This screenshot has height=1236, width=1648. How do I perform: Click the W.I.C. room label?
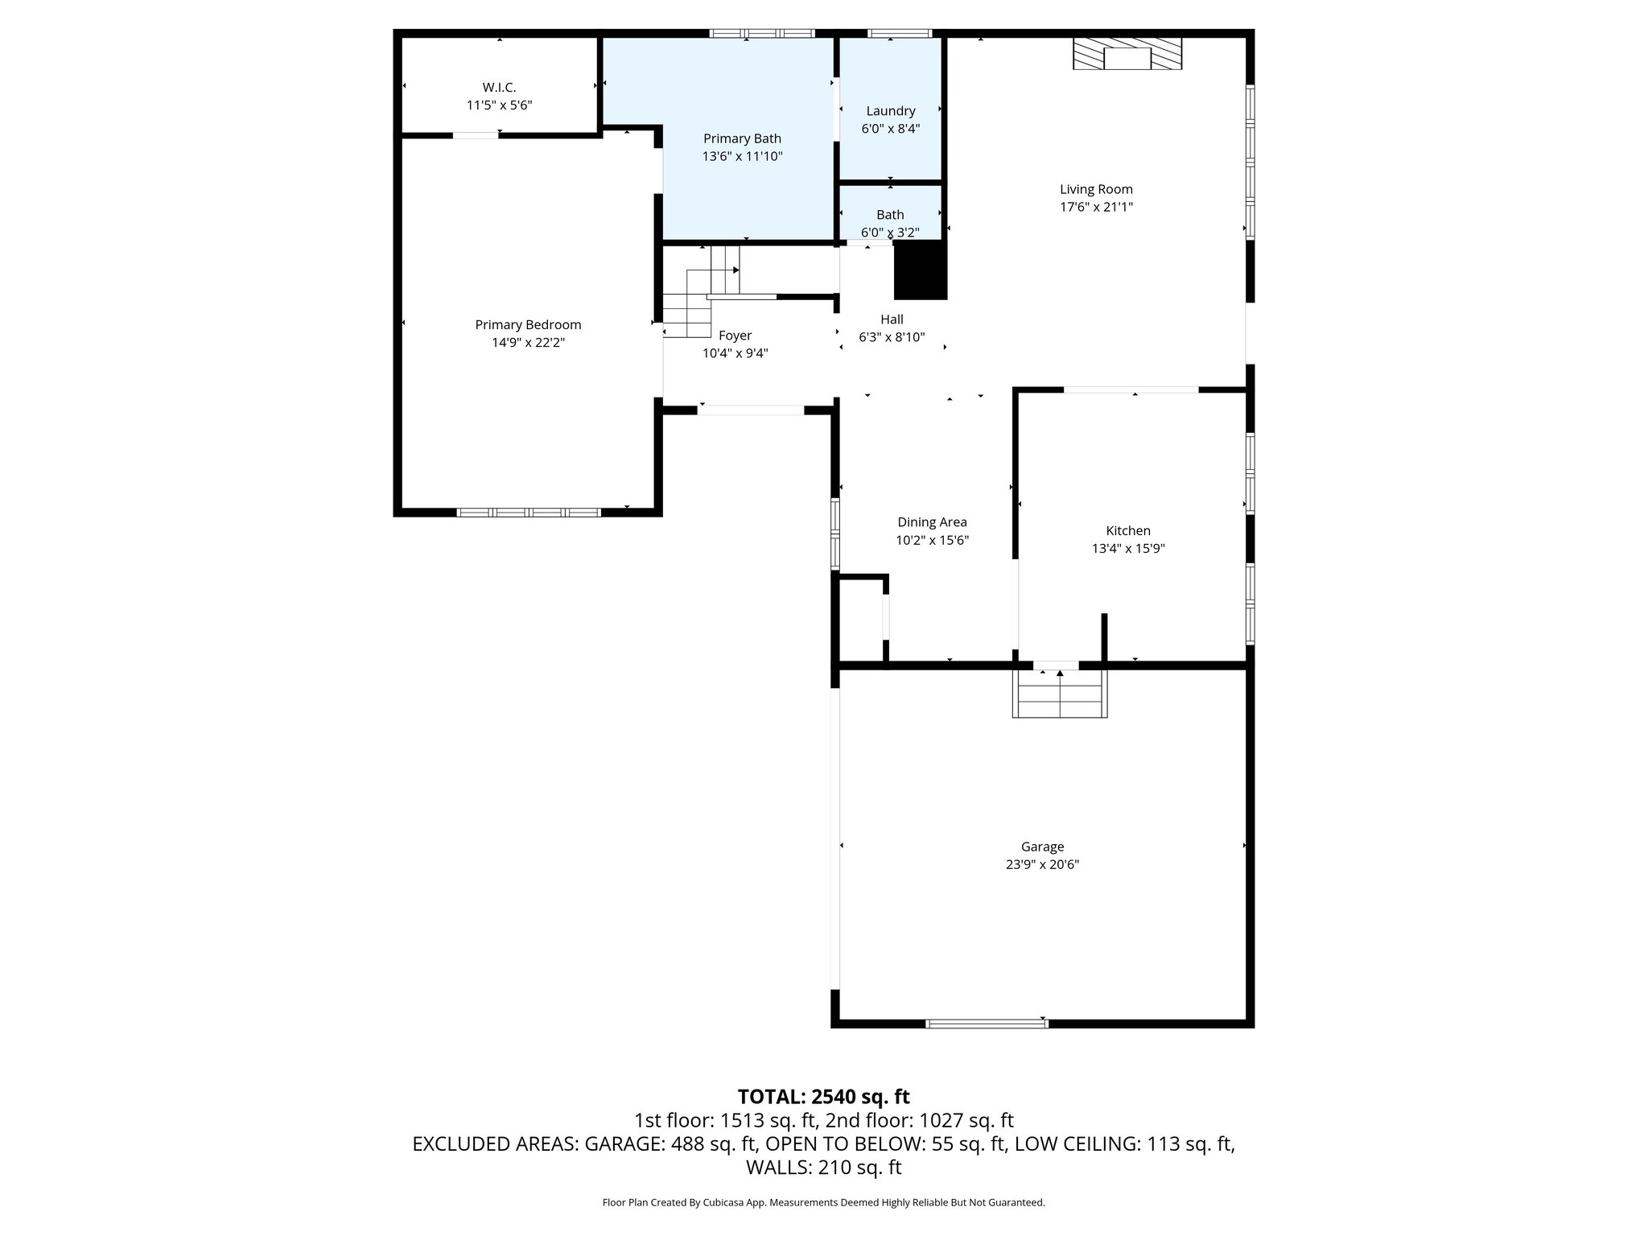point(499,87)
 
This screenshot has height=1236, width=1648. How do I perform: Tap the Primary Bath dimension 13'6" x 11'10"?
point(742,156)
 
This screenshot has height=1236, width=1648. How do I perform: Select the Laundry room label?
point(890,111)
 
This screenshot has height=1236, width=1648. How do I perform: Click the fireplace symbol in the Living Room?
point(1127,56)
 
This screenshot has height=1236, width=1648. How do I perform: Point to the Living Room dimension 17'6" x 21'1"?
point(1096,207)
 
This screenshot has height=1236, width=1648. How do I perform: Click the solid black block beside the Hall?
point(921,270)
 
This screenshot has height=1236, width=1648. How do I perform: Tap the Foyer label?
point(735,336)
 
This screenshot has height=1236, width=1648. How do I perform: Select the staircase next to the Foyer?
point(700,295)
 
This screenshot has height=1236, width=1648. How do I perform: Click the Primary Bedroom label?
point(528,324)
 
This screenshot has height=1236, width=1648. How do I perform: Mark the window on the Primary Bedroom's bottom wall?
point(529,512)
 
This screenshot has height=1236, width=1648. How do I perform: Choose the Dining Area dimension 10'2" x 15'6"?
point(932,540)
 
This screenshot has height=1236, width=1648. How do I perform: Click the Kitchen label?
point(1128,530)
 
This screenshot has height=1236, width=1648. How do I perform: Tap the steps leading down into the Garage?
point(1059,694)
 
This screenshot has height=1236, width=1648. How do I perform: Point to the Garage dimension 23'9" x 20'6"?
point(1042,864)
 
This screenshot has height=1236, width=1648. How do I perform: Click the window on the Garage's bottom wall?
point(986,1024)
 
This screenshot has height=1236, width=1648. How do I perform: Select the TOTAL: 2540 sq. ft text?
point(823,1097)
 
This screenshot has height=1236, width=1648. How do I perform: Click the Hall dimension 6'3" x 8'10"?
point(892,337)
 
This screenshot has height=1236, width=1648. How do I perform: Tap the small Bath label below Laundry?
point(890,215)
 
